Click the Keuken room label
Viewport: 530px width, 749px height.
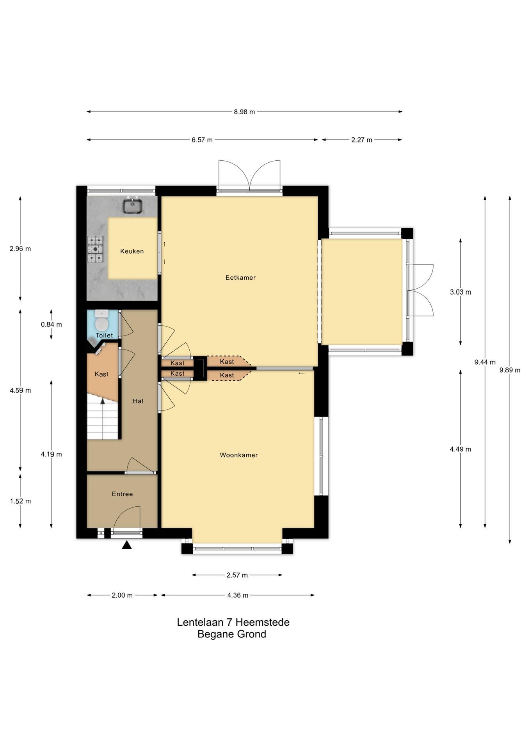132,251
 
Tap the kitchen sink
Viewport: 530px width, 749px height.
133,205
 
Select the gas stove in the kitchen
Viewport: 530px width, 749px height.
96,248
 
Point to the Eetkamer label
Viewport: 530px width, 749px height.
240,278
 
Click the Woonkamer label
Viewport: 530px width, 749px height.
239,455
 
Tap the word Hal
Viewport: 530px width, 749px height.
138,401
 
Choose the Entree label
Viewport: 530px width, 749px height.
122,494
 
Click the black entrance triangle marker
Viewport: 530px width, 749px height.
126,545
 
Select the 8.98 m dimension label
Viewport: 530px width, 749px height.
244,112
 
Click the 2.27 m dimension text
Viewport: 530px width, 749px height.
361,140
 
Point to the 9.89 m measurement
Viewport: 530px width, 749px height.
510,370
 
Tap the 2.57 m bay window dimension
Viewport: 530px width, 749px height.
237,575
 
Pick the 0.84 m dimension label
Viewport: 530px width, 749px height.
51,325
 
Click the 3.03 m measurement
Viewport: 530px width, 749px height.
461,292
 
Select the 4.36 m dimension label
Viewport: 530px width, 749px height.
238,595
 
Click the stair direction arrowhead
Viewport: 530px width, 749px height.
102,401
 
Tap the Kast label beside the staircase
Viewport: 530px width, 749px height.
101,374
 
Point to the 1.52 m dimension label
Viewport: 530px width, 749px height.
20,501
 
